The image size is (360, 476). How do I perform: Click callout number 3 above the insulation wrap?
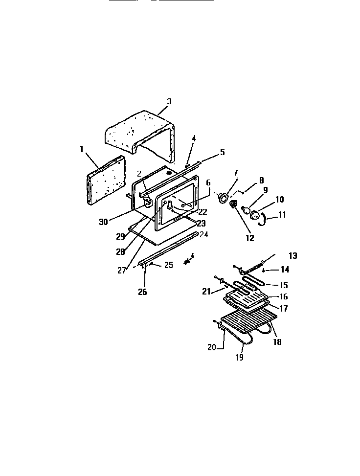(169, 102)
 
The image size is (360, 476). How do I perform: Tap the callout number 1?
(82, 149)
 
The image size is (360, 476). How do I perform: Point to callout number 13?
(292, 256)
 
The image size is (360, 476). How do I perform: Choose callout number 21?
(206, 291)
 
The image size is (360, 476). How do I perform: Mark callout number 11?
(283, 214)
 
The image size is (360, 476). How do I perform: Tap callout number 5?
(222, 152)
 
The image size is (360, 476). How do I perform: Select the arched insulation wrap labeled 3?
(142, 130)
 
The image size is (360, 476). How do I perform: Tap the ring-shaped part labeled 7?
(224, 197)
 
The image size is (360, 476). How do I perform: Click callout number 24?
(203, 235)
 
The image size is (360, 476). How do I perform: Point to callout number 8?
(261, 181)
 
